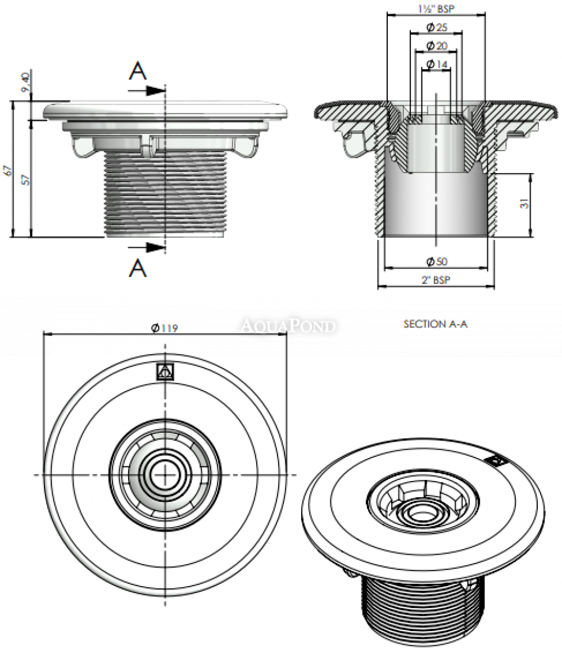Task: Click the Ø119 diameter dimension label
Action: [165, 329]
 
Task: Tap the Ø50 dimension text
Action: [437, 261]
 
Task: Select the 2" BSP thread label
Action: [436, 280]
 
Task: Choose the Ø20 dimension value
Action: [437, 45]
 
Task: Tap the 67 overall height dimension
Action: [6, 169]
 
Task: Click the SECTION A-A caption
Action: [436, 324]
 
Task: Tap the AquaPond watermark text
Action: [288, 325]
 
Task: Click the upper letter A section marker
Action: [138, 71]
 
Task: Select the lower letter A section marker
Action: [138, 268]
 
